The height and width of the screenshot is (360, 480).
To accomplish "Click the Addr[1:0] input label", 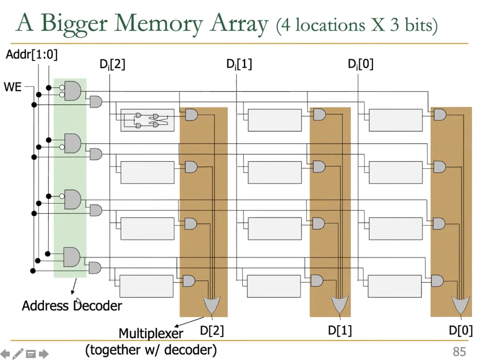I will pyautogui.click(x=31, y=54).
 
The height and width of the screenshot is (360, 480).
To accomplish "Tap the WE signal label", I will pyautogui.click(x=13, y=87).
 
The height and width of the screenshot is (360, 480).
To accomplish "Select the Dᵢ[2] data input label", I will pyautogui.click(x=112, y=64).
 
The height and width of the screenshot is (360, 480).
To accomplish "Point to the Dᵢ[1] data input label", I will pyautogui.click(x=239, y=64).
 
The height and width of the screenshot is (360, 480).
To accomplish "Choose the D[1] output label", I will pyautogui.click(x=340, y=330).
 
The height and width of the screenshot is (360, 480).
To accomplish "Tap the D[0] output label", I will pyautogui.click(x=461, y=330).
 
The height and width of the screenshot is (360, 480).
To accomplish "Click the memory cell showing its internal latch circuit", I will pyautogui.click(x=148, y=120).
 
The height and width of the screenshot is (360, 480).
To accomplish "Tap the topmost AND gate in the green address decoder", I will pyautogui.click(x=72, y=91).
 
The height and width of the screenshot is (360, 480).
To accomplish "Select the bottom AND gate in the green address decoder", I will pyautogui.click(x=72, y=257).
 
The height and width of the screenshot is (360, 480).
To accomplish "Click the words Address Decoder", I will pyautogui.click(x=72, y=305).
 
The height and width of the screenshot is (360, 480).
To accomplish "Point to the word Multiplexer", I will pyautogui.click(x=151, y=333).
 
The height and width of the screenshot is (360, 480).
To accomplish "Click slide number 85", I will pyautogui.click(x=459, y=352).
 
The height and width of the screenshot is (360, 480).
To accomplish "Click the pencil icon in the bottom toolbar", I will pyautogui.click(x=18, y=354).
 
